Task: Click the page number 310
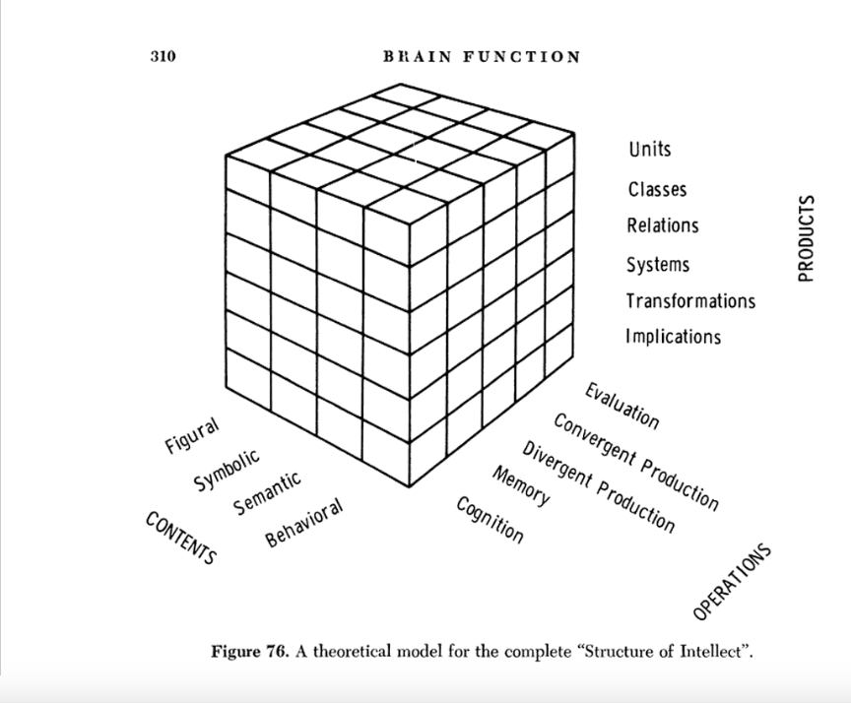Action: coord(163,56)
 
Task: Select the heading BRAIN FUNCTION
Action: coord(482,56)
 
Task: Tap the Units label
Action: coord(649,150)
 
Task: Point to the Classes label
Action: coord(657,189)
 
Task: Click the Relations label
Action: coord(663,225)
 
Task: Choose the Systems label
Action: coord(658,265)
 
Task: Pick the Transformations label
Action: coord(690,301)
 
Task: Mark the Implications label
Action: coord(673,337)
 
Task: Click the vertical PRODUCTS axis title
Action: coord(808,238)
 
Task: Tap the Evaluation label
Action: coord(621,405)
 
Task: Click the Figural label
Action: coord(192,435)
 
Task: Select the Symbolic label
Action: coord(228,470)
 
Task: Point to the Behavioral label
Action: coord(303,523)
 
